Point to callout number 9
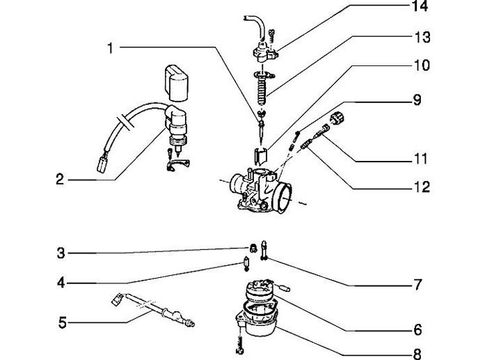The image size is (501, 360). pyautogui.click(x=417, y=100)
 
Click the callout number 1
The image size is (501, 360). pyautogui.click(x=110, y=48)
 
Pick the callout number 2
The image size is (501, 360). pyautogui.click(x=60, y=180)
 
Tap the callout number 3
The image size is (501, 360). pyautogui.click(x=61, y=253)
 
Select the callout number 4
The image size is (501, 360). pyautogui.click(x=61, y=283)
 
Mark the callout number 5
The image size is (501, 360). pyautogui.click(x=62, y=322)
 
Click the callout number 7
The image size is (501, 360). pyautogui.click(x=417, y=285)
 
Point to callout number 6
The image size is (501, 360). pyautogui.click(x=417, y=329)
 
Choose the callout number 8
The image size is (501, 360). pyautogui.click(x=417, y=353)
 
